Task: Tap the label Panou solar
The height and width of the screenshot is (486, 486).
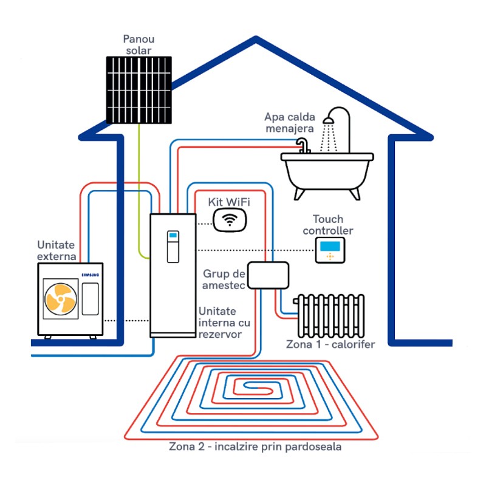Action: (x=139, y=45)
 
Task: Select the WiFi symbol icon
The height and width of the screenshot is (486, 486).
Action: (x=230, y=219)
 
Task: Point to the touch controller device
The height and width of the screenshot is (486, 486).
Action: (x=330, y=250)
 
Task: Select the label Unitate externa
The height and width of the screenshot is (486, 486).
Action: (x=56, y=250)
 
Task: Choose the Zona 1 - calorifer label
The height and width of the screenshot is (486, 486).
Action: (x=330, y=344)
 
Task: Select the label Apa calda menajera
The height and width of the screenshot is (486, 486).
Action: (x=289, y=122)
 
